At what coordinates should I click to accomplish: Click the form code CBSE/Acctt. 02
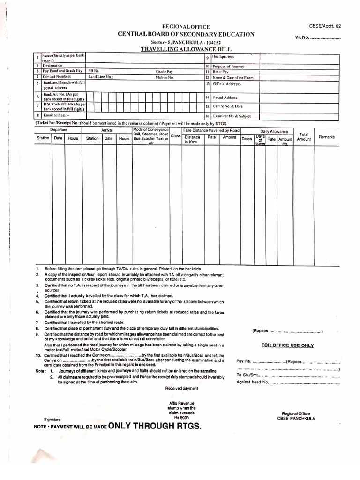tap(325, 26)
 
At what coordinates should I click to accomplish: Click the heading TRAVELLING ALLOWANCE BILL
tap(186, 49)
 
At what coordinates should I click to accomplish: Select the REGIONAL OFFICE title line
tap(186, 27)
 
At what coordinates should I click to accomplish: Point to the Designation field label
tap(52, 66)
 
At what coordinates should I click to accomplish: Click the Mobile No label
tap(165, 77)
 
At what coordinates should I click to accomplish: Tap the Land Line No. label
tap(101, 77)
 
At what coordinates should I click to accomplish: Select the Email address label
tap(56, 115)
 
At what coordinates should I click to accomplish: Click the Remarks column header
tap(327, 137)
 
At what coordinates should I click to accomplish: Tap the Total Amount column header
tap(304, 136)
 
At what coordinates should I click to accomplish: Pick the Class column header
tap(176, 135)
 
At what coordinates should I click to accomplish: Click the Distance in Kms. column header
tap(192, 139)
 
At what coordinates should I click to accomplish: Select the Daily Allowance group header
tap(274, 132)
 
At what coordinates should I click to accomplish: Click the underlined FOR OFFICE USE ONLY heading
tap(288, 345)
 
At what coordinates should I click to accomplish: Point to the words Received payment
tap(181, 388)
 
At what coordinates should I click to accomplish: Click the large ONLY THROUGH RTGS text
tap(155, 426)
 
